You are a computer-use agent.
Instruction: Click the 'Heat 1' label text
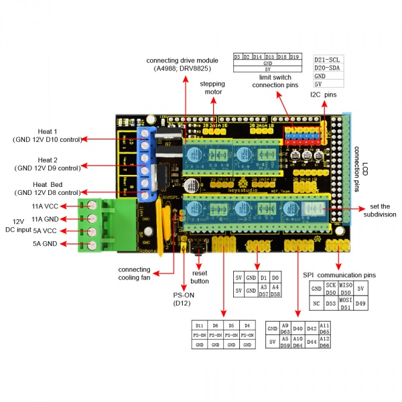(x=46, y=131)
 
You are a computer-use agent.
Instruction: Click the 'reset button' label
(x=200, y=277)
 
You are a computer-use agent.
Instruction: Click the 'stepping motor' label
(x=212, y=88)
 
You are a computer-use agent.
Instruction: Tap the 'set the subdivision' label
(x=379, y=210)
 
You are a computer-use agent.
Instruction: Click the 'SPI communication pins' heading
(x=339, y=275)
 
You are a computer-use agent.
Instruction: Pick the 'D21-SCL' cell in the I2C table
(x=328, y=59)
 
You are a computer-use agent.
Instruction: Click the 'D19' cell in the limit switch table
(x=295, y=57)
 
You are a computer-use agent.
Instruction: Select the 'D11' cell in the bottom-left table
(x=200, y=325)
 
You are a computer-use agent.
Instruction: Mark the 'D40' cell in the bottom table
(x=297, y=328)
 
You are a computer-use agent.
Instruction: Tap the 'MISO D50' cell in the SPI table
(x=346, y=288)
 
